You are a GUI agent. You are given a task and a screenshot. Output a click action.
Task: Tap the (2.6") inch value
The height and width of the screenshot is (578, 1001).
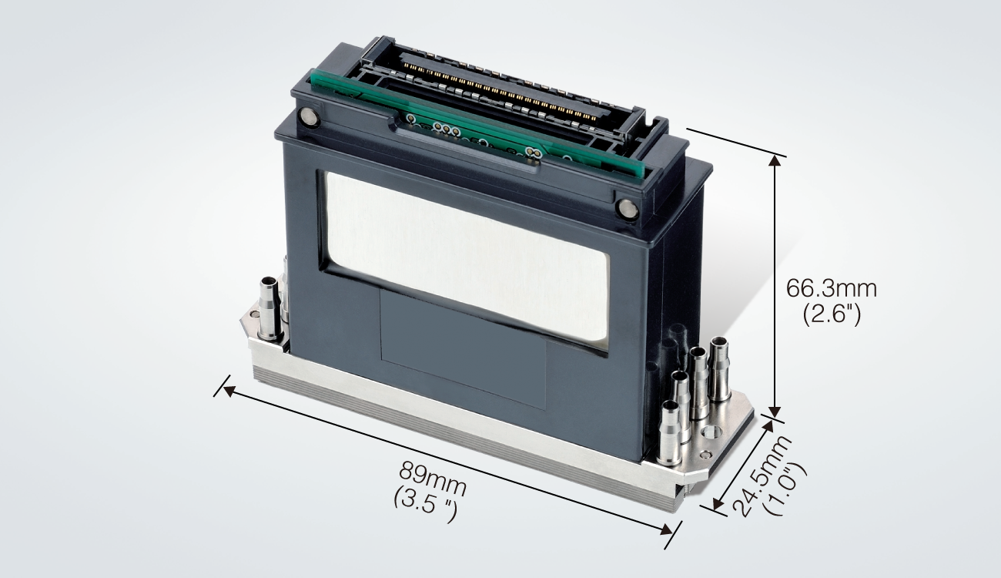click(x=831, y=314)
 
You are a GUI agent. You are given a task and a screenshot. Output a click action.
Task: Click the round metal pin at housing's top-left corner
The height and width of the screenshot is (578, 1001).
click(x=310, y=118)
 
